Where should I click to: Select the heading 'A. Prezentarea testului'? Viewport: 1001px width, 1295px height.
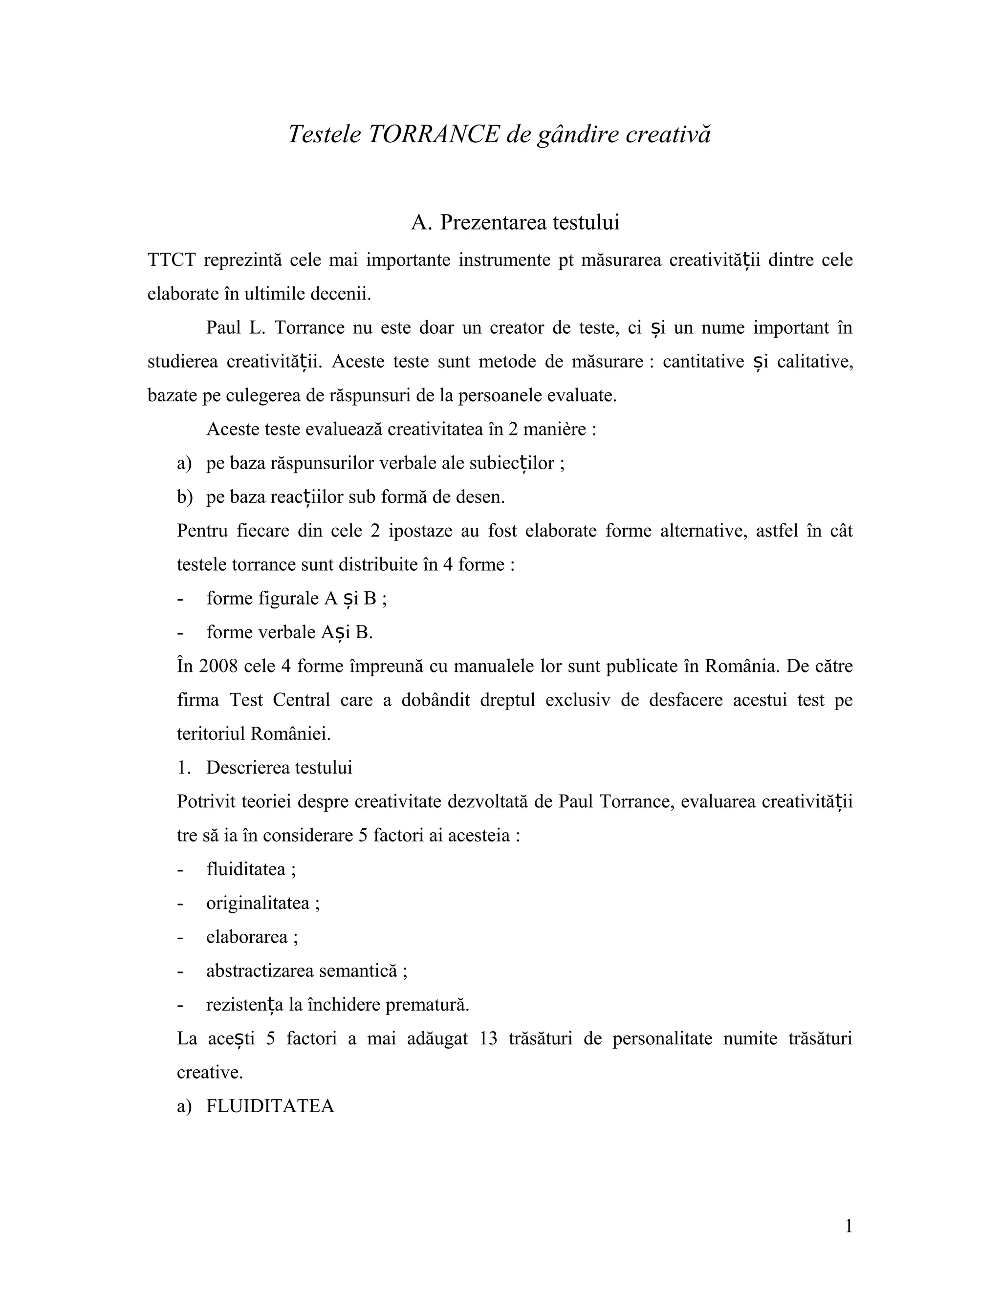tap(515, 222)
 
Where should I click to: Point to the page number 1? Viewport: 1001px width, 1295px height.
tap(848, 1226)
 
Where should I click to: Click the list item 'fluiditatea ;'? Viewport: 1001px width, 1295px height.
tap(251, 869)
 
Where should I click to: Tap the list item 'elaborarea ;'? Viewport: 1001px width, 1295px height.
tap(252, 937)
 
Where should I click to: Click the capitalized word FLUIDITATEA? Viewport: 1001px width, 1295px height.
tap(270, 1106)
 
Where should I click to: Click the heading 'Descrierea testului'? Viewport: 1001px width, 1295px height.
tap(279, 767)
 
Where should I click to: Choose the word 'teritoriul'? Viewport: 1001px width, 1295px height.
tap(211, 734)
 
